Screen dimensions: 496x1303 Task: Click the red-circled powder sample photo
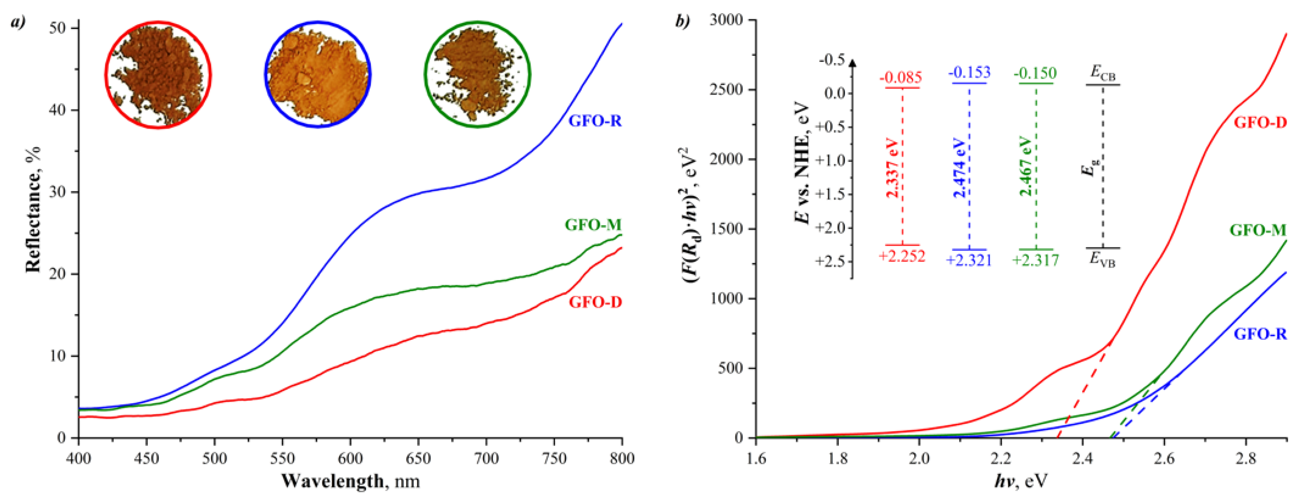point(158,75)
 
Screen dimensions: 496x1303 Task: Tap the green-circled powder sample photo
point(477,75)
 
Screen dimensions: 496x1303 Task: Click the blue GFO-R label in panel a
point(595,121)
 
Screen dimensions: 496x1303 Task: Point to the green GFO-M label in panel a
point(593,225)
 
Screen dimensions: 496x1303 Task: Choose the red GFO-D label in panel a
point(595,302)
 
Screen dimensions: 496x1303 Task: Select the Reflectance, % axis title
point(34,209)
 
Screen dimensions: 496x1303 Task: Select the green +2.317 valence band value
point(1035,260)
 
